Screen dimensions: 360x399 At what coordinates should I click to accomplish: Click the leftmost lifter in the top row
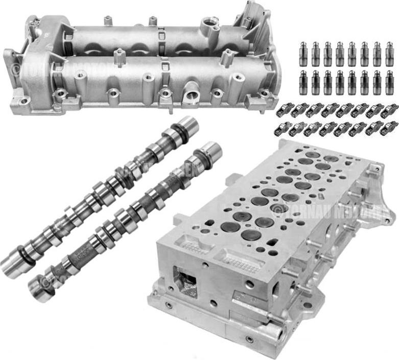pos(303,54)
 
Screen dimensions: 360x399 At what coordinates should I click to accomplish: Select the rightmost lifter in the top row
pos(389,54)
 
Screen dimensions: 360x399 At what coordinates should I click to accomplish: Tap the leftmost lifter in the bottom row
pos(303,82)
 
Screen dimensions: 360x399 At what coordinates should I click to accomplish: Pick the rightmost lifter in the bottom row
pos(389,82)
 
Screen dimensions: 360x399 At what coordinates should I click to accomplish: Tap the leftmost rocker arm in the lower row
pos(282,129)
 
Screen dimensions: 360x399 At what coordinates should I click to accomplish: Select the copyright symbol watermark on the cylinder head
pos(278,209)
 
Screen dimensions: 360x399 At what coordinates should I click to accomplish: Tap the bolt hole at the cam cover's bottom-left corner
pos(24,101)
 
